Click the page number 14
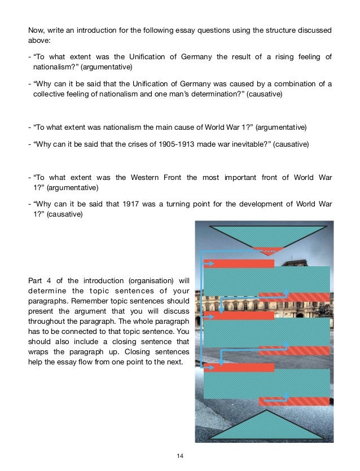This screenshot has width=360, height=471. (180, 455)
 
